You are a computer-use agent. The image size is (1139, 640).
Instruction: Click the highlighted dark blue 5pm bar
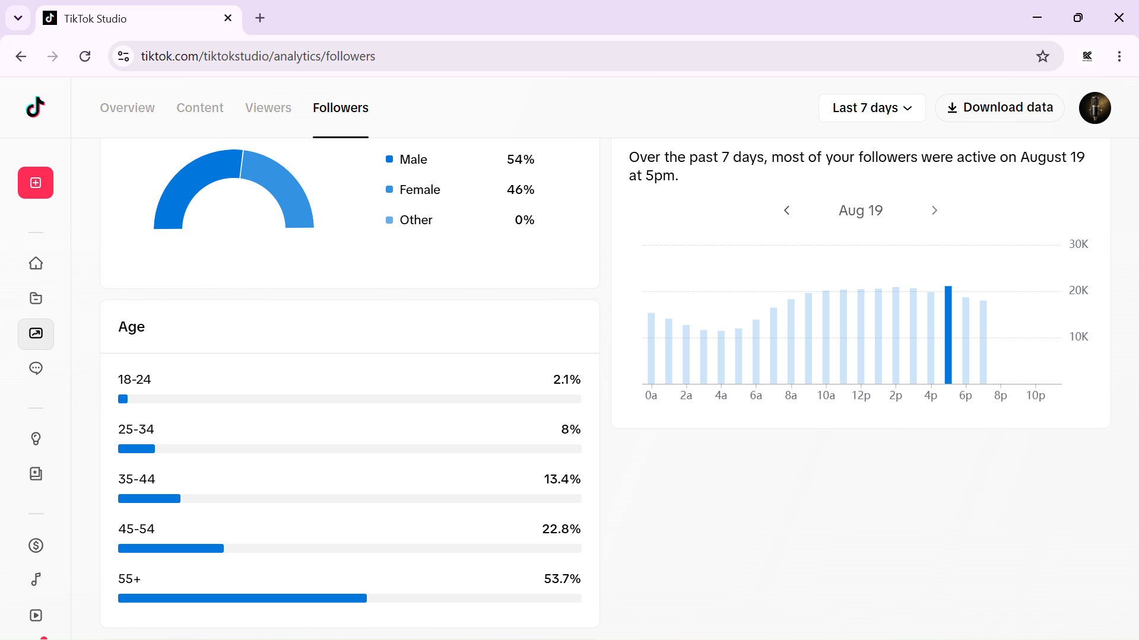tap(948, 335)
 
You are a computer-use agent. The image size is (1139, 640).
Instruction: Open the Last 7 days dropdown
tap(872, 108)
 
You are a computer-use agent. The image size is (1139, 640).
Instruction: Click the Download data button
tap(1000, 107)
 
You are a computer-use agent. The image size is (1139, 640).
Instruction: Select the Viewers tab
tap(268, 108)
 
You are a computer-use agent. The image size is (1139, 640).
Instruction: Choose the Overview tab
tap(127, 108)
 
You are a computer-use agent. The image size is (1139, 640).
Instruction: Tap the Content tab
tap(200, 108)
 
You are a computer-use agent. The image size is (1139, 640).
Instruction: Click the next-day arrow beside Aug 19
tap(934, 211)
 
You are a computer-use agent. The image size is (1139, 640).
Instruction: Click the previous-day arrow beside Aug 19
tap(787, 211)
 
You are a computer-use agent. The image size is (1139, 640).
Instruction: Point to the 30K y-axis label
tap(1078, 244)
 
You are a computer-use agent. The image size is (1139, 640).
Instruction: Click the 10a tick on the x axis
tap(826, 396)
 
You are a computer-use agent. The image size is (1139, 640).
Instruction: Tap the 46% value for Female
tap(521, 190)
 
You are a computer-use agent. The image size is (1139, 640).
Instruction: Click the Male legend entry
tap(407, 160)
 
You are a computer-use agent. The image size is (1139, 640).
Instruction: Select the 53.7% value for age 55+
tap(562, 579)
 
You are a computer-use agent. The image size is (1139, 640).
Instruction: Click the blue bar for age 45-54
tap(171, 549)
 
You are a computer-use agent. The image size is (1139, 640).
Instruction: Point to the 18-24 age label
tap(135, 380)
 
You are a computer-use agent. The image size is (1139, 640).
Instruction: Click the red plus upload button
tap(36, 183)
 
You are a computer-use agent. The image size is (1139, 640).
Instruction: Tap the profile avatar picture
tap(1094, 108)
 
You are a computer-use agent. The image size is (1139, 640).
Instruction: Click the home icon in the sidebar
tap(36, 263)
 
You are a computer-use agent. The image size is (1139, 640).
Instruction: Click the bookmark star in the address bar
tap(1043, 56)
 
